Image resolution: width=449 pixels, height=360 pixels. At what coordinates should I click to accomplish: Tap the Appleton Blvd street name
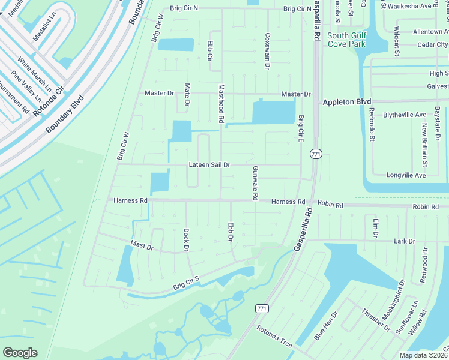(347, 102)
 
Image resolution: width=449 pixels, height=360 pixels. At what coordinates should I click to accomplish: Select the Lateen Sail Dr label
(209, 164)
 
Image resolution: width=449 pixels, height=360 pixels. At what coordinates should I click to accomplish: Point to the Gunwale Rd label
(255, 183)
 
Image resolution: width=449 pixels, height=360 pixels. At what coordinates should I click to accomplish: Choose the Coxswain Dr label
(267, 50)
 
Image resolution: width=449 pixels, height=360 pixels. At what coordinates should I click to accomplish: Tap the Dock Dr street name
(186, 239)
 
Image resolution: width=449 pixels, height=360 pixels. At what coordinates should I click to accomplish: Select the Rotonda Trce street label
(274, 337)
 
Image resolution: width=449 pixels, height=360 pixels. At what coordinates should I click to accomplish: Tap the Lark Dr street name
(403, 241)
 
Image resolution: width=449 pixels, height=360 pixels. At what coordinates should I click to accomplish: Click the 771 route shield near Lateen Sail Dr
(315, 154)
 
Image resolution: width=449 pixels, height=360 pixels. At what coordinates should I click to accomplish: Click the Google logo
(20, 352)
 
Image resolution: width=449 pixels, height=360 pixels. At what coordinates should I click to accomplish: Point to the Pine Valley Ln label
(29, 88)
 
